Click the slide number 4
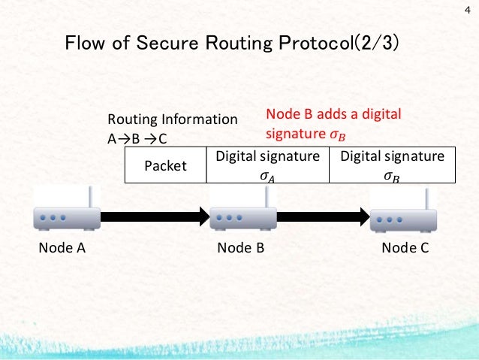click(466, 10)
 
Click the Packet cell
click(165, 165)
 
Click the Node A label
click(60, 248)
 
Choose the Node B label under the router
click(240, 248)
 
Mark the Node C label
click(405, 248)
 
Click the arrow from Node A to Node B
click(155, 217)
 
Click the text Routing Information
click(172, 119)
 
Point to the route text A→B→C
click(137, 138)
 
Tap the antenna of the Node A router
click(89, 198)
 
